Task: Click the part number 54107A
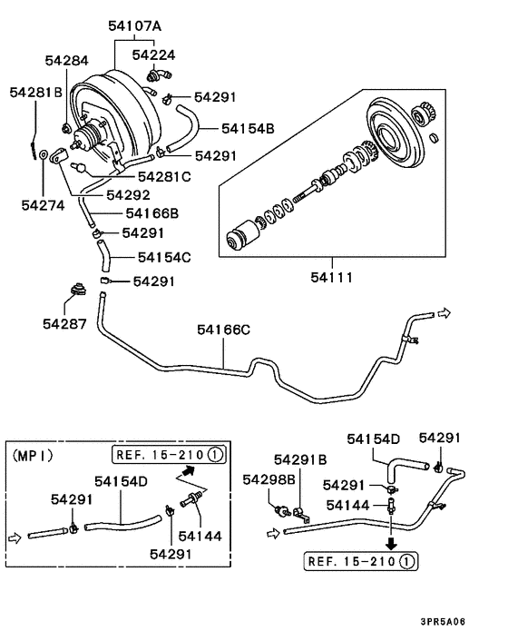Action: coord(135,26)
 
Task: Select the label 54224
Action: coord(153,54)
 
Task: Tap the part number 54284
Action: coord(66,61)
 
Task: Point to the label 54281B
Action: coord(36,92)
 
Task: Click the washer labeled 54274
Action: coord(44,154)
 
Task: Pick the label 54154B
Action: coord(248,128)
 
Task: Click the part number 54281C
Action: coord(164,177)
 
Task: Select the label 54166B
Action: coord(152,213)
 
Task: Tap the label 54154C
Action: coord(164,257)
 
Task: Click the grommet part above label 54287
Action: coord(78,289)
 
